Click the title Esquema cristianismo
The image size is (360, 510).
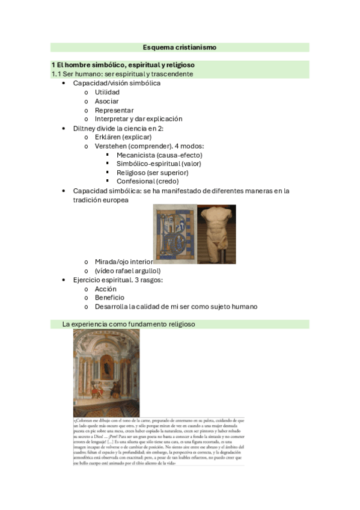pos(180,47)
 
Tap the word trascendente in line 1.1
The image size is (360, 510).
pos(171,74)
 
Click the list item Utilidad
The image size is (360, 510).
pos(107,92)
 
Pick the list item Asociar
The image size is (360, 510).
pos(106,101)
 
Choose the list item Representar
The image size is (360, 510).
pos(114,110)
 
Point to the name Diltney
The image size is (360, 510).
pos(85,128)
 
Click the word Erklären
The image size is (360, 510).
pos(108,137)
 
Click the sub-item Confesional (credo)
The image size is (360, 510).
pos(147,181)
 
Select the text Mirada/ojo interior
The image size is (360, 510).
pos(123,262)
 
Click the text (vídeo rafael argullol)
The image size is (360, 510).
pos(127,271)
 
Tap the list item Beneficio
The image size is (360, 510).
pos(109,297)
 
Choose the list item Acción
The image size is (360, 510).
pos(106,289)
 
